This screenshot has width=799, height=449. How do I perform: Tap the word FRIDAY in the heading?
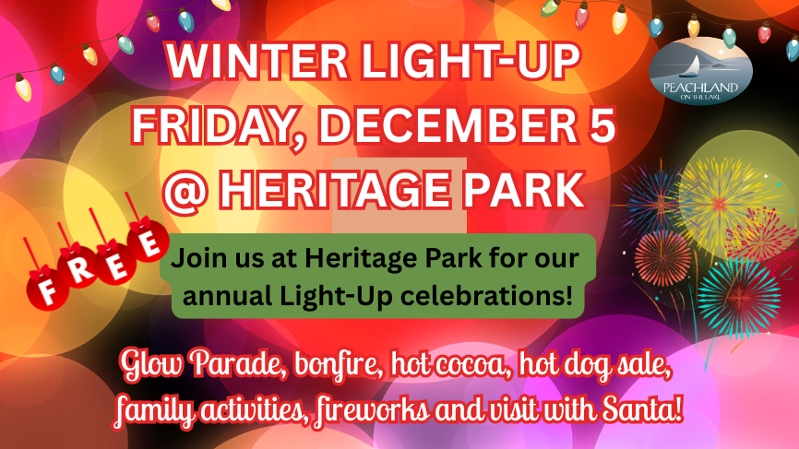tap(211, 125)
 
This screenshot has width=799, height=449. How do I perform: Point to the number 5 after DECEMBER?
tap(600, 125)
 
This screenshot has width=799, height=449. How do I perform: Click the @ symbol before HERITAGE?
tap(185, 191)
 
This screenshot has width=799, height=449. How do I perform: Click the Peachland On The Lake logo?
tap(700, 70)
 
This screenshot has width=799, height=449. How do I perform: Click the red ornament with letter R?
tap(78, 267)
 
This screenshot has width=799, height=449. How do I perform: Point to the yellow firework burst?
tap(720, 205)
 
